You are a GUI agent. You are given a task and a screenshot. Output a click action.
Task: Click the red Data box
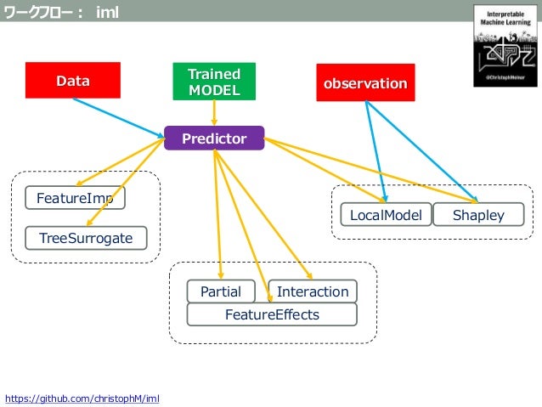click(x=72, y=81)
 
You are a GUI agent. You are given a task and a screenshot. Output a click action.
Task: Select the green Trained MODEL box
click(x=213, y=82)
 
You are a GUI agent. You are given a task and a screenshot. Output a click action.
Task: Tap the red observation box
click(x=365, y=83)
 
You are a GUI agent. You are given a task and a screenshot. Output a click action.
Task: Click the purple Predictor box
click(x=214, y=138)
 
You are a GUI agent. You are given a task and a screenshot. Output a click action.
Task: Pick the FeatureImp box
click(x=75, y=198)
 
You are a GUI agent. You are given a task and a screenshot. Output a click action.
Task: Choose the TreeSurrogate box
click(x=86, y=238)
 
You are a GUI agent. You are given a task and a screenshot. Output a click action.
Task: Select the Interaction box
click(x=313, y=291)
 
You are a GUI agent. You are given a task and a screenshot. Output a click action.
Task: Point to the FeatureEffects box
click(x=272, y=314)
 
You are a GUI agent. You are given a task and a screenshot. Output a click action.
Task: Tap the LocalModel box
click(x=386, y=215)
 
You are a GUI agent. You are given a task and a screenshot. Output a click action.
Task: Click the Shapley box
click(x=477, y=215)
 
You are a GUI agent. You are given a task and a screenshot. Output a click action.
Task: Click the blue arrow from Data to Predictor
click(x=119, y=116)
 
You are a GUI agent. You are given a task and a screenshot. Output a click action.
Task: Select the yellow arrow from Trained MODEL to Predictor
click(x=214, y=112)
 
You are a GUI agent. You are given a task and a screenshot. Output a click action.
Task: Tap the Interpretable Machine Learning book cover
click(x=505, y=44)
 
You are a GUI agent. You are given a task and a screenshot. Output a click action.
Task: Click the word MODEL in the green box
click(x=214, y=90)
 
